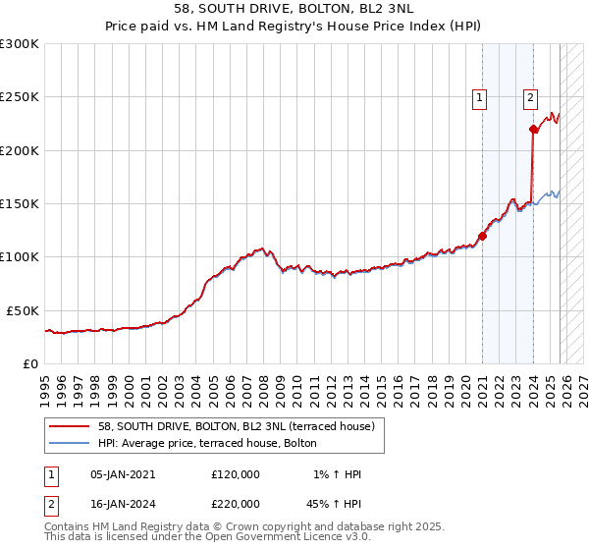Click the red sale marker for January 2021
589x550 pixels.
(483, 236)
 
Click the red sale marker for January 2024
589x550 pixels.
(533, 129)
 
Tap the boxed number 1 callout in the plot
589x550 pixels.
(480, 97)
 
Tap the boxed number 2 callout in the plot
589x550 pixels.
(530, 97)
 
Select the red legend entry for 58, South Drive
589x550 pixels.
(237, 426)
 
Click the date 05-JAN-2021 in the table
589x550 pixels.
(123, 474)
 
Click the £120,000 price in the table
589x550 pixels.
(236, 474)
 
